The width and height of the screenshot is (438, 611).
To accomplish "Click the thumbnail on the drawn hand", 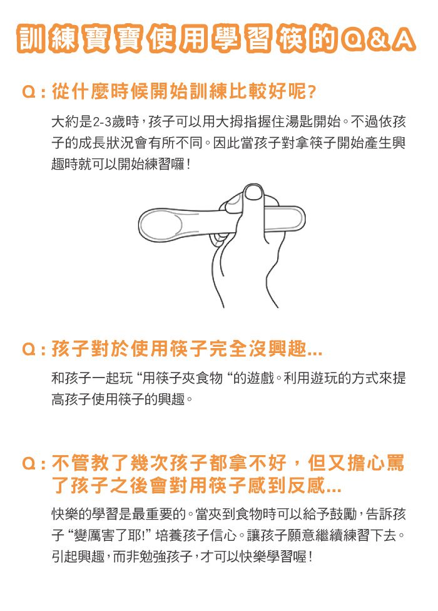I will pyautogui.click(x=253, y=192).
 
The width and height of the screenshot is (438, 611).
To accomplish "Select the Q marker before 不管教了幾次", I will pyautogui.click(x=28, y=465).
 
